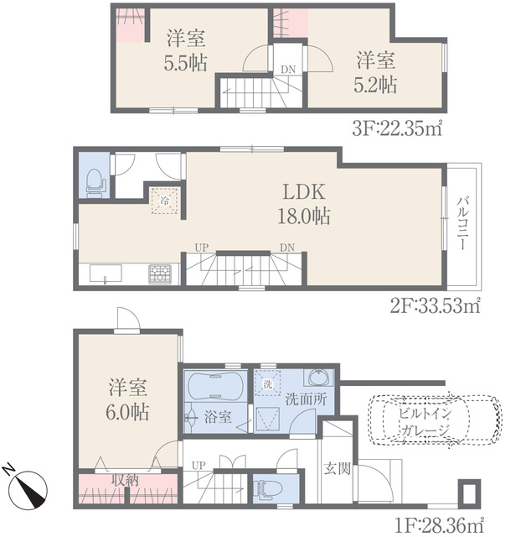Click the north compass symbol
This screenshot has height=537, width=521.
(x=28, y=488)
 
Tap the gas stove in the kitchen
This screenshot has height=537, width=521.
(x=160, y=274)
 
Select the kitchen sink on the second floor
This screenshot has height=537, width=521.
(x=106, y=274)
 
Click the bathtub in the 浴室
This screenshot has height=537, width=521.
(x=215, y=386)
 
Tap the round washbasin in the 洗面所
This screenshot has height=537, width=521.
(x=320, y=378)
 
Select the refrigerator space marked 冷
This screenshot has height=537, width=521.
(x=165, y=201)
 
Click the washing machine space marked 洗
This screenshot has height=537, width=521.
(x=268, y=384)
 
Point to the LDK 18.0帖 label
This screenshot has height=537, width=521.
(x=304, y=204)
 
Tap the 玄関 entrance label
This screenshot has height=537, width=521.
(x=338, y=468)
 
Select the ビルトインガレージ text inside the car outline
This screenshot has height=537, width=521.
(x=425, y=421)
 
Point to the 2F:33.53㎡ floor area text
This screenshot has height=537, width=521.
(x=435, y=305)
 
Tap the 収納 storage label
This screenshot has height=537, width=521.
(x=125, y=480)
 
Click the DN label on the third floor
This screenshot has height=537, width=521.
(x=288, y=70)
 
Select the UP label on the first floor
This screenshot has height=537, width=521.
(x=199, y=466)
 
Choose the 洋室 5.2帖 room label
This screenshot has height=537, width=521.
(x=376, y=72)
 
